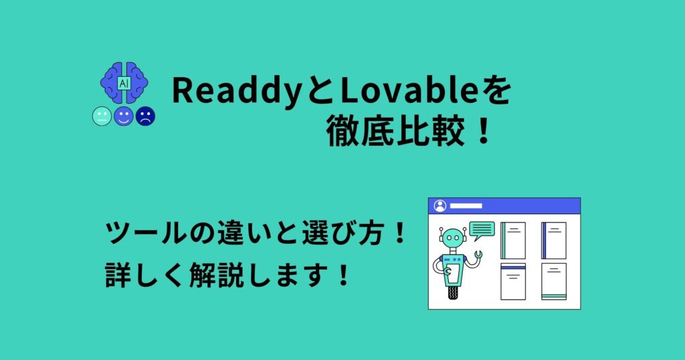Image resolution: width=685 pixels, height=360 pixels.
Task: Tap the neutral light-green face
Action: click(x=102, y=116)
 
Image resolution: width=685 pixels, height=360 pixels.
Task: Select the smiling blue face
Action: click(x=123, y=116)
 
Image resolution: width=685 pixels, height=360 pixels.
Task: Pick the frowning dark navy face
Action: click(x=145, y=116)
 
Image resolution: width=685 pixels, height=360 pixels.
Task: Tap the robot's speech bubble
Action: click(x=482, y=230)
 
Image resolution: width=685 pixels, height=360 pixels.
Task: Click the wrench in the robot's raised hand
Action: click(x=478, y=255)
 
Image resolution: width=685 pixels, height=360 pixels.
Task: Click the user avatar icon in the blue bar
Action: click(x=439, y=205)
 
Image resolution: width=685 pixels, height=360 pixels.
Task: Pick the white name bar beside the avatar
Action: click(x=466, y=205)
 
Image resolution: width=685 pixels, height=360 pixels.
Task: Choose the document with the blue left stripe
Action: click(x=554, y=240)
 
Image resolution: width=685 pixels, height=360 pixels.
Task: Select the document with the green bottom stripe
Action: click(x=554, y=281)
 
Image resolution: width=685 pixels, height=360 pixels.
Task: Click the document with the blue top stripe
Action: click(x=513, y=281)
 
